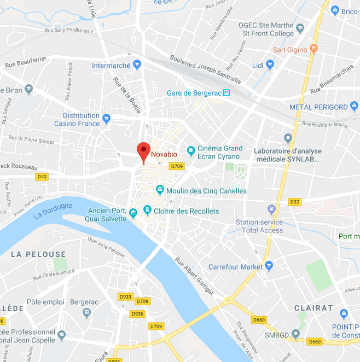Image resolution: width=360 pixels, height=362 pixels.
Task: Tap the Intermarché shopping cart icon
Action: tap(137, 65)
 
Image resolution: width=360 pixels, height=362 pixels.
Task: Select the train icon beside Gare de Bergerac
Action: tap(227, 93)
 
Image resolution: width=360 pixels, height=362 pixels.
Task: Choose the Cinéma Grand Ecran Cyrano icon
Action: tap(191, 150)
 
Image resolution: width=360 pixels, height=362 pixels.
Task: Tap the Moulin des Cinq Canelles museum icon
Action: tap(160, 190)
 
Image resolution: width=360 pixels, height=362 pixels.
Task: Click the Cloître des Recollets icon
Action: tap(147, 210)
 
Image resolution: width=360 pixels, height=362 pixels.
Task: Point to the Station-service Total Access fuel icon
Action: tap(271, 209)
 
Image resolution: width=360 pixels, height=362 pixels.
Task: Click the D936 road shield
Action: tap(137, 314)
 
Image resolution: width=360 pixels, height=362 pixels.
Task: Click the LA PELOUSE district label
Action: tap(38, 254)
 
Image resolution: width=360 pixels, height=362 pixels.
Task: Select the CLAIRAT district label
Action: tap(313, 308)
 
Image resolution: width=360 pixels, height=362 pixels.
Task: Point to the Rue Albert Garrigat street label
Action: tap(194, 278)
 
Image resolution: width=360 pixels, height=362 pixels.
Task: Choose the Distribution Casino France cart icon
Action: tap(107, 118)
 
